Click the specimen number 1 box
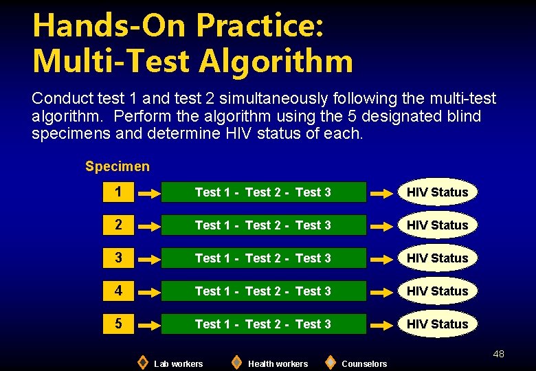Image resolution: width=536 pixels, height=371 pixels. point(119,192)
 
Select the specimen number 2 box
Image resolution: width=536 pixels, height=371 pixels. point(119,225)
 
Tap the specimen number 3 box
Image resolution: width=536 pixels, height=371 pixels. point(119,258)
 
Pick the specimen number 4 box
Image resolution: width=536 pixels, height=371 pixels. point(119,291)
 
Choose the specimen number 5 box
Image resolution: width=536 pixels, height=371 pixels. point(119,324)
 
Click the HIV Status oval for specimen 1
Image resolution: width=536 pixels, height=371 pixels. point(437,192)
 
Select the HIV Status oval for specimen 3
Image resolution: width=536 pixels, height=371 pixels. point(437,258)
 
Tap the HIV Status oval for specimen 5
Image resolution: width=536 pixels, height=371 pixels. point(437,324)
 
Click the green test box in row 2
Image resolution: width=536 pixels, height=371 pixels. point(263,225)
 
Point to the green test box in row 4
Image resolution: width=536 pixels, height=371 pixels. point(263,291)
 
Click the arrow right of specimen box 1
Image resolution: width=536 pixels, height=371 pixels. point(149,194)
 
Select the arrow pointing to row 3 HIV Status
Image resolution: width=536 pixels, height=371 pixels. point(381,260)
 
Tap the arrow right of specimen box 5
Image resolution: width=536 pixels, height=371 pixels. point(149,325)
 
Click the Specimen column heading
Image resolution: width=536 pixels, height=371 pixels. point(117,166)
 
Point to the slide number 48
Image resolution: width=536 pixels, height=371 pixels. point(498,354)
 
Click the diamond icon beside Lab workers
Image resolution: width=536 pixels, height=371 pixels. point(142,362)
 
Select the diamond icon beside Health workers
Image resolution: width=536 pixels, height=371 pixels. point(236,362)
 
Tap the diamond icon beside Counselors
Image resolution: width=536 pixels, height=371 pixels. point(330,362)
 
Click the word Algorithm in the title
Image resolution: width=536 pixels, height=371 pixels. point(276,60)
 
